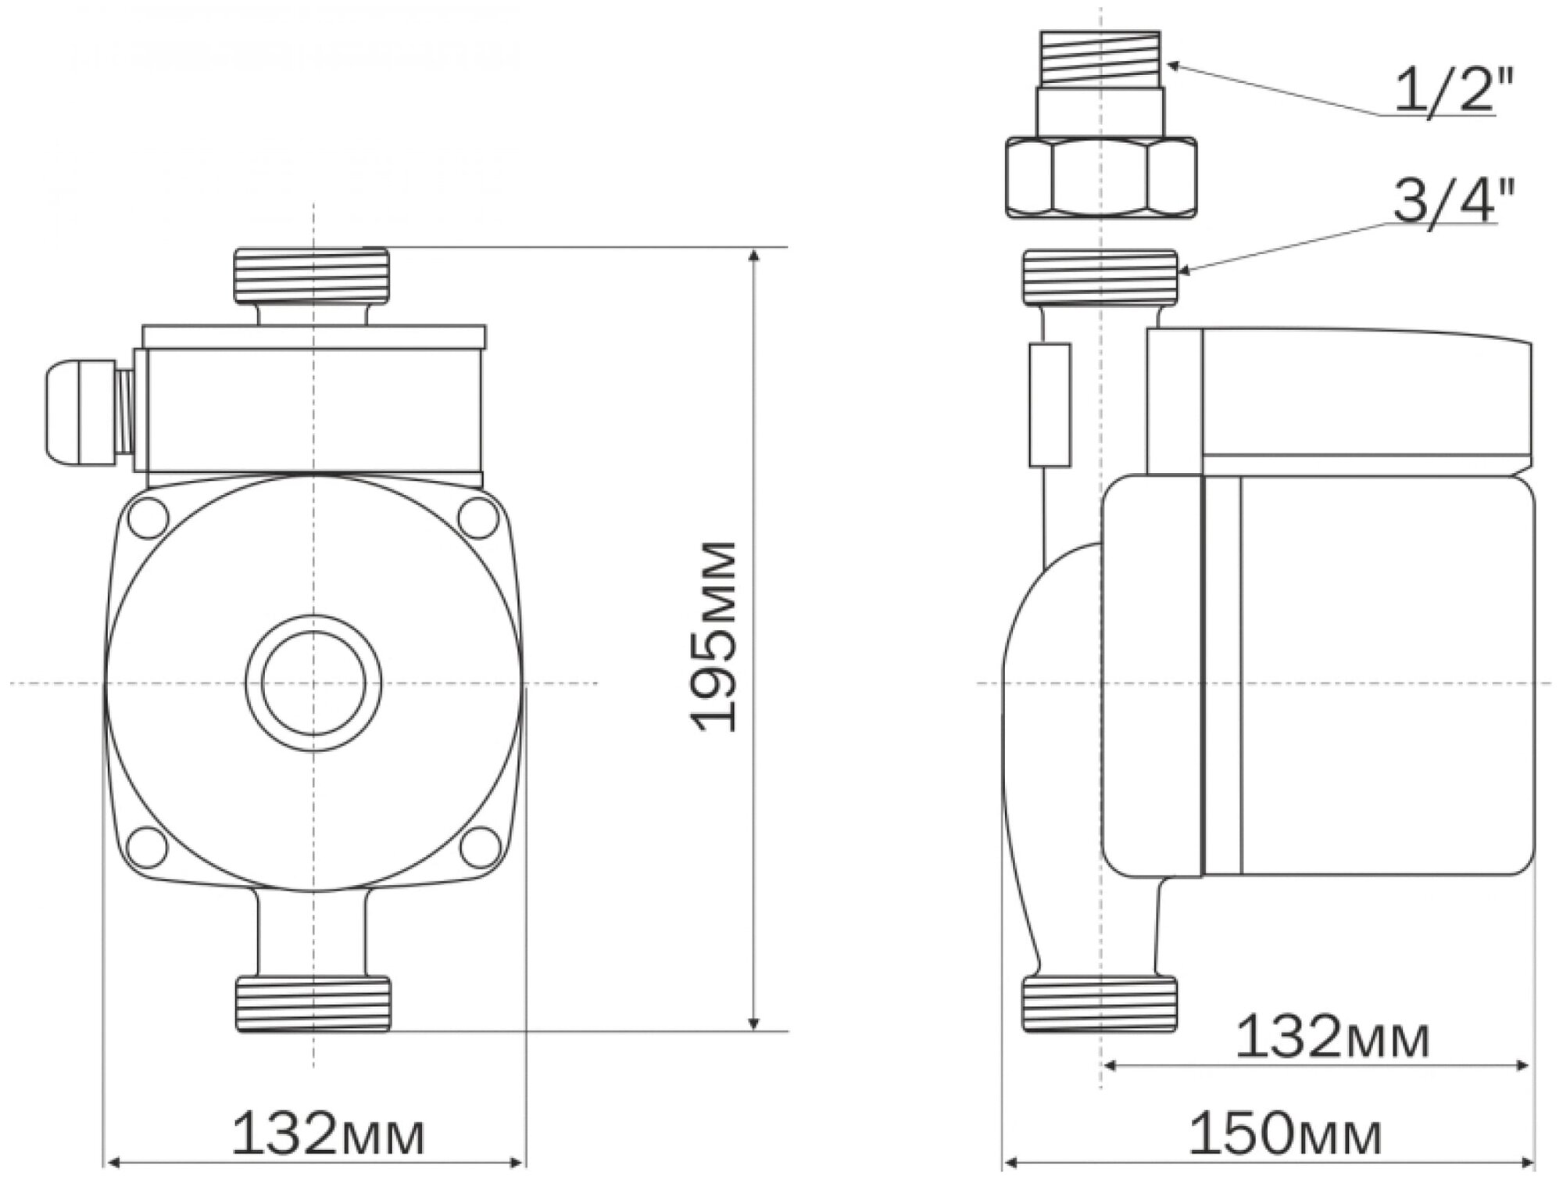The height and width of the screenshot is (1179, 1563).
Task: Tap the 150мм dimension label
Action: point(1284,1135)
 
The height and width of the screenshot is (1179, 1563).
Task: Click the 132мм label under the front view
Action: point(328,1135)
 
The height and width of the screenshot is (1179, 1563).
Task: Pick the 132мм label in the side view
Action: point(1332,1037)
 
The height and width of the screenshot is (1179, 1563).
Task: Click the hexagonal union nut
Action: point(1100,177)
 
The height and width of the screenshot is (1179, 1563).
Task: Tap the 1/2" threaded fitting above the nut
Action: point(1100,59)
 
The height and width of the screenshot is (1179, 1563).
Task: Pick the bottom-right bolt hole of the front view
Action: point(478,847)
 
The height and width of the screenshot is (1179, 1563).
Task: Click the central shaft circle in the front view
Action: point(313,683)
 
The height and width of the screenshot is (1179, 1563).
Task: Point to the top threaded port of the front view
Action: point(312,274)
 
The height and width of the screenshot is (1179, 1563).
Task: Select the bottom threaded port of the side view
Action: point(1100,1003)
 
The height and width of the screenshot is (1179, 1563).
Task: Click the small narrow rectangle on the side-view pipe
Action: point(1050,404)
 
